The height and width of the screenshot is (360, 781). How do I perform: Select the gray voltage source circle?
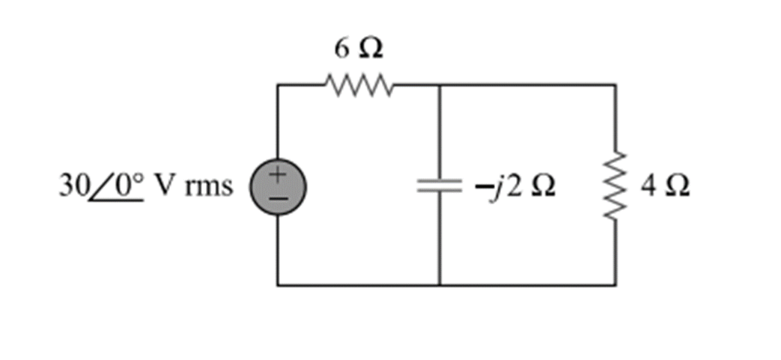tap(277, 186)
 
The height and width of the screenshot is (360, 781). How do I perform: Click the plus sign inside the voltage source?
tap(277, 176)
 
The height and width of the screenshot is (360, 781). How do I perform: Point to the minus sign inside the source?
tap(277, 197)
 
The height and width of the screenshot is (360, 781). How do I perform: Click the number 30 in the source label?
tap(71, 185)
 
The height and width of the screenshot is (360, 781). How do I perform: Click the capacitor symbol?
tap(439, 186)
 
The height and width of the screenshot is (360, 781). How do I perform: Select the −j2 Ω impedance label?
tap(514, 186)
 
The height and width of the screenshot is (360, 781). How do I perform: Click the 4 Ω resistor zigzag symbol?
tap(616, 186)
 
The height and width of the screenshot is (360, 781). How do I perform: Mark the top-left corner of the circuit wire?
tap(278, 85)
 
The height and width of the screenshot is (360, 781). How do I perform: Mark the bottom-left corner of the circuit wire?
tap(278, 285)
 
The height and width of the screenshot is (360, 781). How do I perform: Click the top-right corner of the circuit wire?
tap(616, 85)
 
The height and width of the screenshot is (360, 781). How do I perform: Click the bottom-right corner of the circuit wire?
tap(616, 285)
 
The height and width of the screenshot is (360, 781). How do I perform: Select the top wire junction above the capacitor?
tap(439, 85)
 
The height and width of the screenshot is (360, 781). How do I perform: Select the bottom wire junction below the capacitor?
tap(439, 285)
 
